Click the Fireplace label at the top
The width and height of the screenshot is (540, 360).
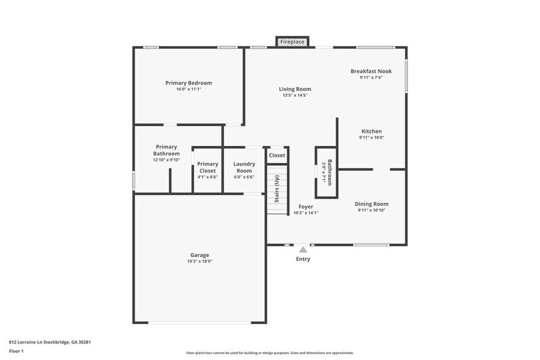pyautogui.click(x=292, y=42)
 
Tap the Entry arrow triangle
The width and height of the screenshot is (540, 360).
pyautogui.click(x=303, y=249)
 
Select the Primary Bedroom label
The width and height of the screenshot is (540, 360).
pyautogui.click(x=189, y=83)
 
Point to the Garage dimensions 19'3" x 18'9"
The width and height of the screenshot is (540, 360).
pyautogui.click(x=200, y=261)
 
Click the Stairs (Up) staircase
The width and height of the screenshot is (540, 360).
pyautogui.click(x=277, y=190)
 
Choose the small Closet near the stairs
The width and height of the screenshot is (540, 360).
pyautogui.click(x=277, y=156)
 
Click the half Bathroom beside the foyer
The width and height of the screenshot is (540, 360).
pyautogui.click(x=326, y=173)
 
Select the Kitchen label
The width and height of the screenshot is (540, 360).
pyautogui.click(x=372, y=132)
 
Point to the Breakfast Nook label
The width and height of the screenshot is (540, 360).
pyautogui.click(x=371, y=71)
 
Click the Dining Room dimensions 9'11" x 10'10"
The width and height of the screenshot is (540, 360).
pyautogui.click(x=372, y=210)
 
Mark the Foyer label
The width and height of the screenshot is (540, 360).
pyautogui.click(x=306, y=207)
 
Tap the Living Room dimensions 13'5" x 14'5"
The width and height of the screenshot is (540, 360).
pyautogui.click(x=294, y=96)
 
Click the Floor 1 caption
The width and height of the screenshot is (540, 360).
pyautogui.click(x=16, y=351)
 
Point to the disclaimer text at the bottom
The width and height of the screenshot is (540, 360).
pyautogui.click(x=269, y=353)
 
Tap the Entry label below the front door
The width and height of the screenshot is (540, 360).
pyautogui.click(x=303, y=259)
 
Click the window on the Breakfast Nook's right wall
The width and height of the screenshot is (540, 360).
pyautogui.click(x=406, y=76)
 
